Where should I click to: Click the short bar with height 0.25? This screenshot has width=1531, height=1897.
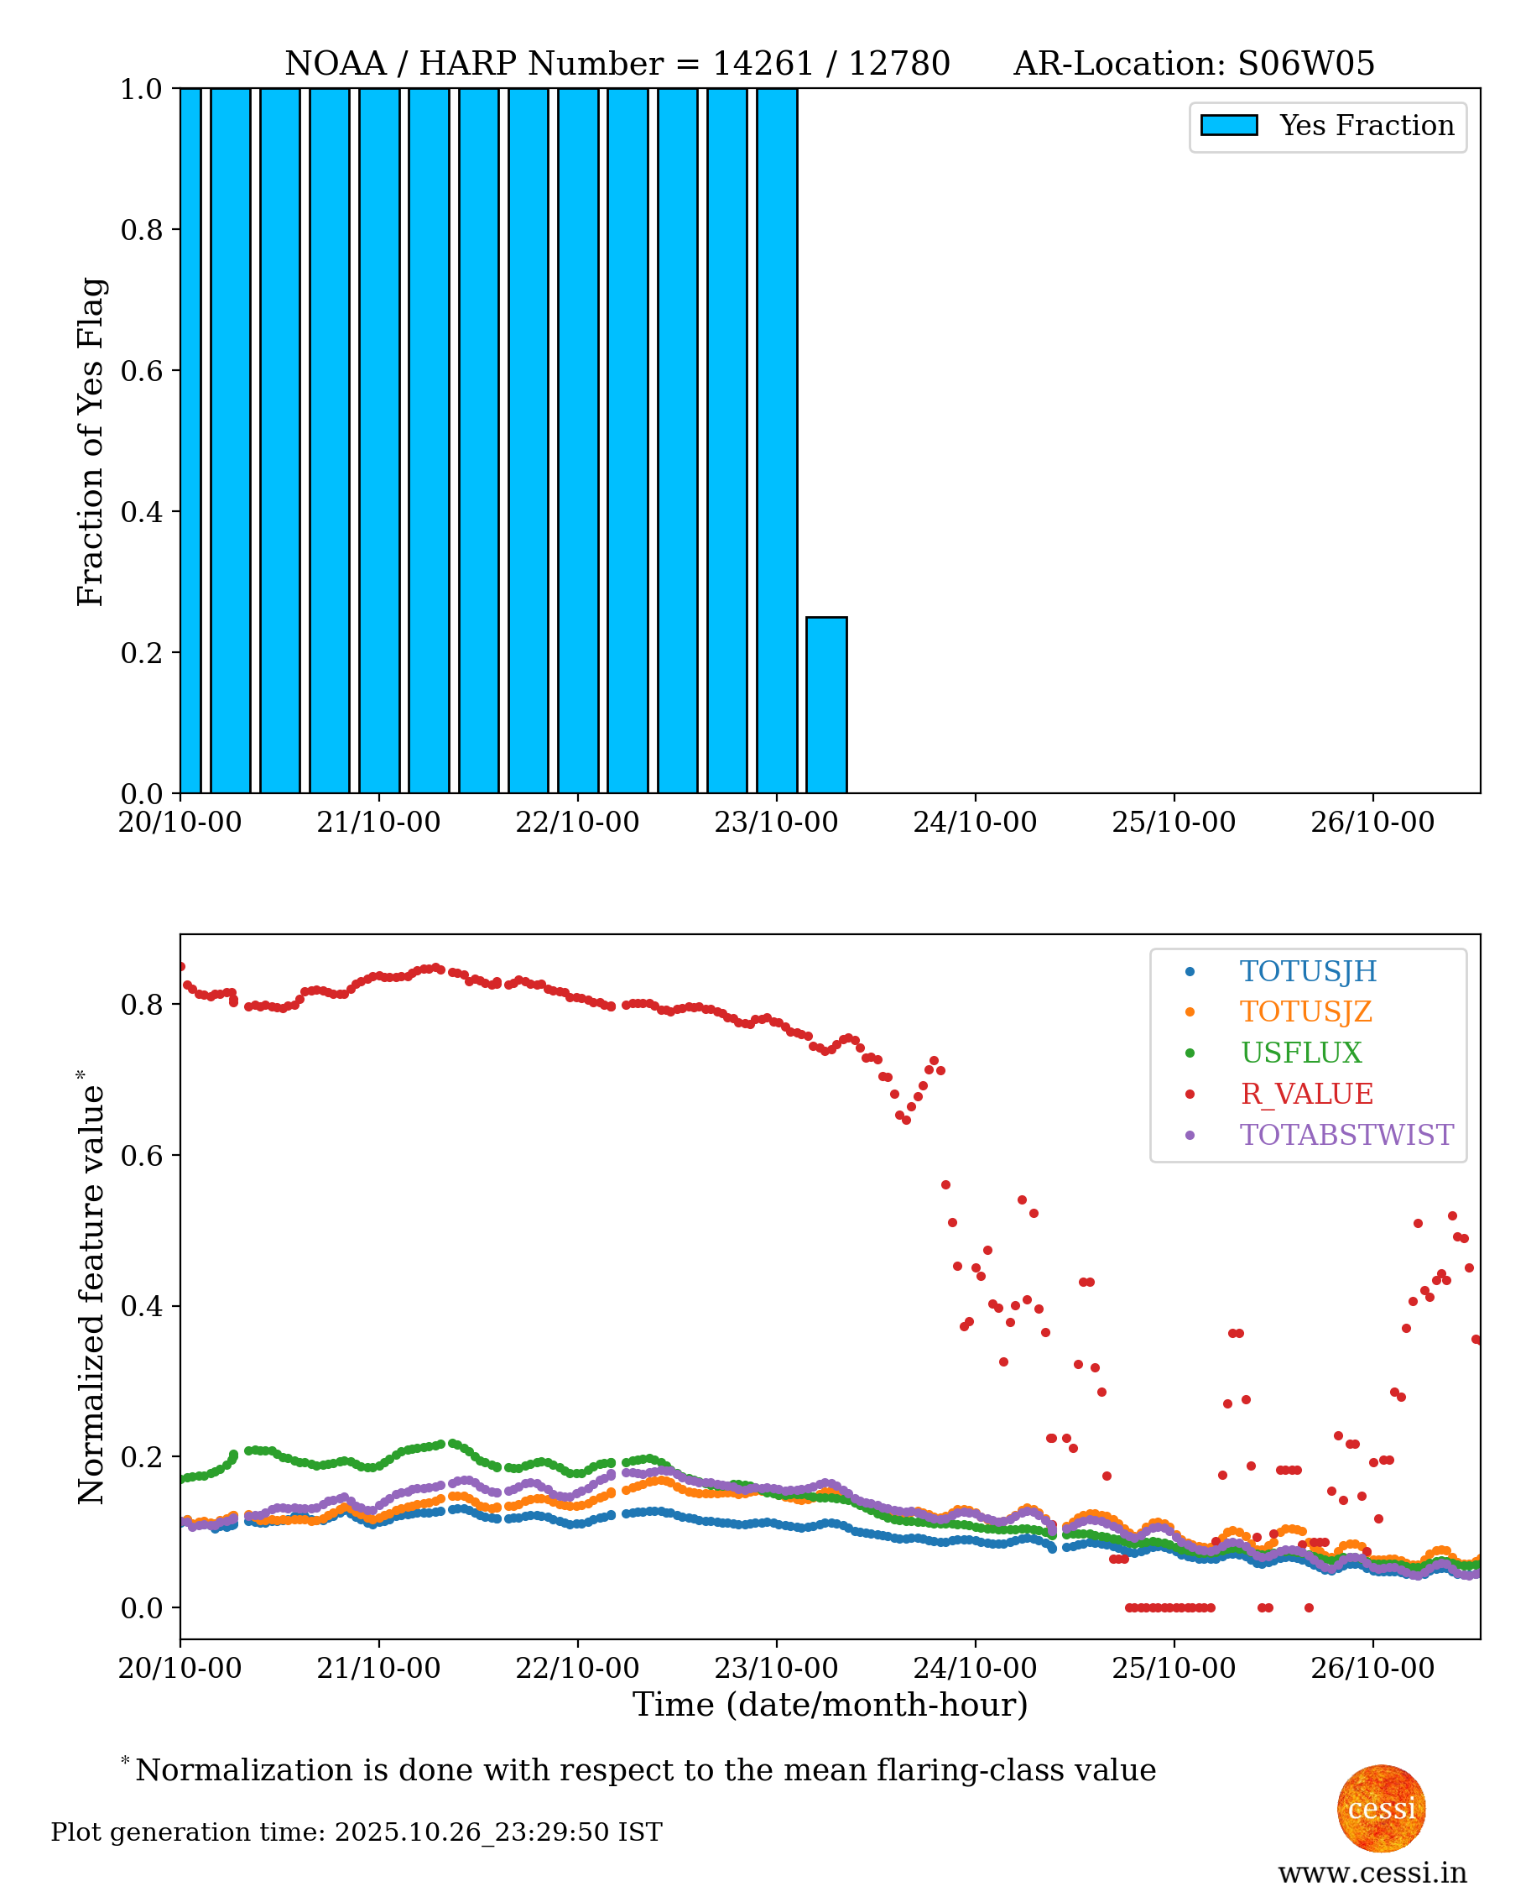click(x=826, y=705)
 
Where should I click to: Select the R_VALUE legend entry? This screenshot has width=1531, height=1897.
click(x=1306, y=1094)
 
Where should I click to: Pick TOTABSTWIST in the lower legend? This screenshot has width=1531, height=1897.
click(x=1346, y=1135)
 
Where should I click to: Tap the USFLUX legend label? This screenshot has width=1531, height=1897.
click(x=1301, y=1053)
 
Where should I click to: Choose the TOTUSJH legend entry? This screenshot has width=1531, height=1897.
click(x=1308, y=971)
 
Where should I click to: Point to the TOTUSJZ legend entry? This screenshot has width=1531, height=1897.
click(x=1305, y=1012)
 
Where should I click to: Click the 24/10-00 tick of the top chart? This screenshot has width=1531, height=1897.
click(x=975, y=823)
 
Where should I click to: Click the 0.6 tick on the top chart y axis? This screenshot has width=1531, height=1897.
click(x=141, y=370)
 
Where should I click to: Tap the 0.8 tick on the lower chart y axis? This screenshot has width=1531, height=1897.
click(x=141, y=1005)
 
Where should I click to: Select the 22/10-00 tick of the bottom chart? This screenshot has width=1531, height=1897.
click(x=577, y=1669)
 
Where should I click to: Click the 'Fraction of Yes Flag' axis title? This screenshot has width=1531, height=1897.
click(x=90, y=442)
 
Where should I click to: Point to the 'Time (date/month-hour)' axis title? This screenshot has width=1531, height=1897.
click(x=830, y=1705)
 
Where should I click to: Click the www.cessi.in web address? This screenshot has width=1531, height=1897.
click(x=1372, y=1873)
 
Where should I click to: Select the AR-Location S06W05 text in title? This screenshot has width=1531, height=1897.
click(x=1193, y=64)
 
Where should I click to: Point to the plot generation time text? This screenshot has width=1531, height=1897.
click(x=357, y=1832)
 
